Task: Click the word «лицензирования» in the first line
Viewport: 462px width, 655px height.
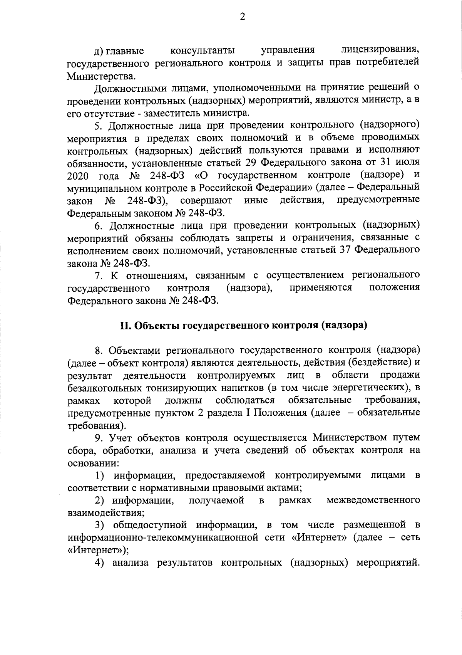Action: [380, 50]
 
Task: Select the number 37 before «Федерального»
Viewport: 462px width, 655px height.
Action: [343, 250]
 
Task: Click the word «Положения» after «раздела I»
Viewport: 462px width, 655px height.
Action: [278, 413]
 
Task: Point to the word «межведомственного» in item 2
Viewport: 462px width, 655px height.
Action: [373, 500]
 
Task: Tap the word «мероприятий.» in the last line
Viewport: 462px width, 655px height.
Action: [388, 563]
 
